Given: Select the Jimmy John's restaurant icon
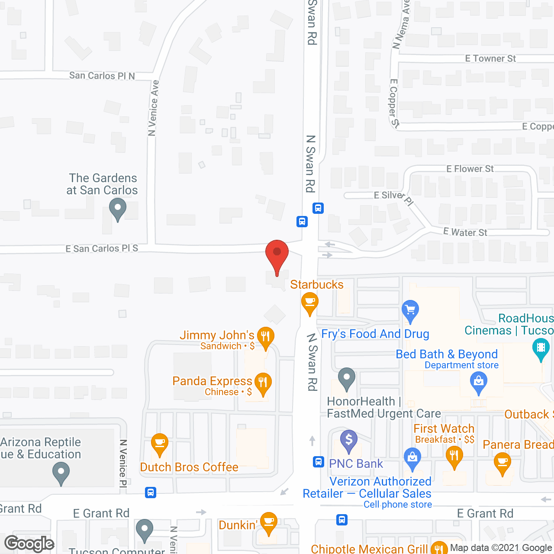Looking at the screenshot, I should click(265, 337).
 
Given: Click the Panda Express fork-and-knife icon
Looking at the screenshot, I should click(263, 383).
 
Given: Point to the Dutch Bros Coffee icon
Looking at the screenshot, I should click(160, 444).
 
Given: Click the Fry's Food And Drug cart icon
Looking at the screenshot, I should click(410, 310).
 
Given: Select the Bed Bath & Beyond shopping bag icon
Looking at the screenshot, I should click(478, 382).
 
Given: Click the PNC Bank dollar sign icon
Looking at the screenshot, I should click(349, 440).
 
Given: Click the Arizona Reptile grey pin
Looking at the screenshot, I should click(61, 473).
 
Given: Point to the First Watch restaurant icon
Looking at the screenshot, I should click(454, 457).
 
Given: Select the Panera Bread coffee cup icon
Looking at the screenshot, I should click(502, 462).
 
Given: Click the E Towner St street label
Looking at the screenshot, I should click(490, 58).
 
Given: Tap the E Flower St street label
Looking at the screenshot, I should click(470, 169).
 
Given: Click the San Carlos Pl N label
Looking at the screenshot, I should click(102, 76).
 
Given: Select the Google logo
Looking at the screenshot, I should click(29, 543).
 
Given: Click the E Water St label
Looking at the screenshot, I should click(465, 232).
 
